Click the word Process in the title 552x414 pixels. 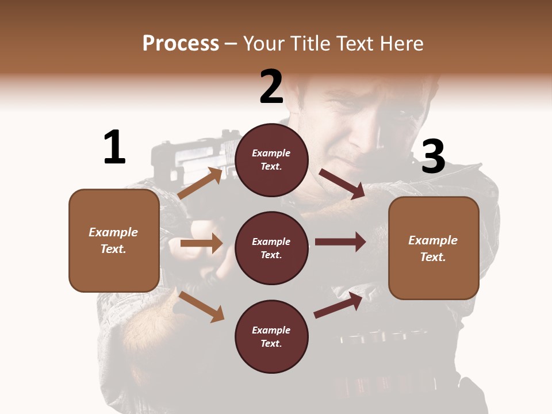tap(181, 43)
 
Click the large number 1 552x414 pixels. tap(114, 147)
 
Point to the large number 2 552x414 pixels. tap(271, 87)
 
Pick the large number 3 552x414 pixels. tap(433, 157)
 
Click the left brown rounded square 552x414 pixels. tap(114, 240)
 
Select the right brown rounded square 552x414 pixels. tap(434, 248)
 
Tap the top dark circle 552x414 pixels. tap(271, 160)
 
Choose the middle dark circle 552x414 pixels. tap(271, 248)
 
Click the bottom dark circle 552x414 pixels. tap(271, 336)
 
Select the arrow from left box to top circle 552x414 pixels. tap(200, 183)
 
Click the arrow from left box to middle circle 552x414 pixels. tap(201, 243)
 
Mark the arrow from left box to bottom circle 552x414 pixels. tap(201, 306)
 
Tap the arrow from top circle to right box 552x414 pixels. tap(342, 183)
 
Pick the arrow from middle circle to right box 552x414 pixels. tap(340, 241)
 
